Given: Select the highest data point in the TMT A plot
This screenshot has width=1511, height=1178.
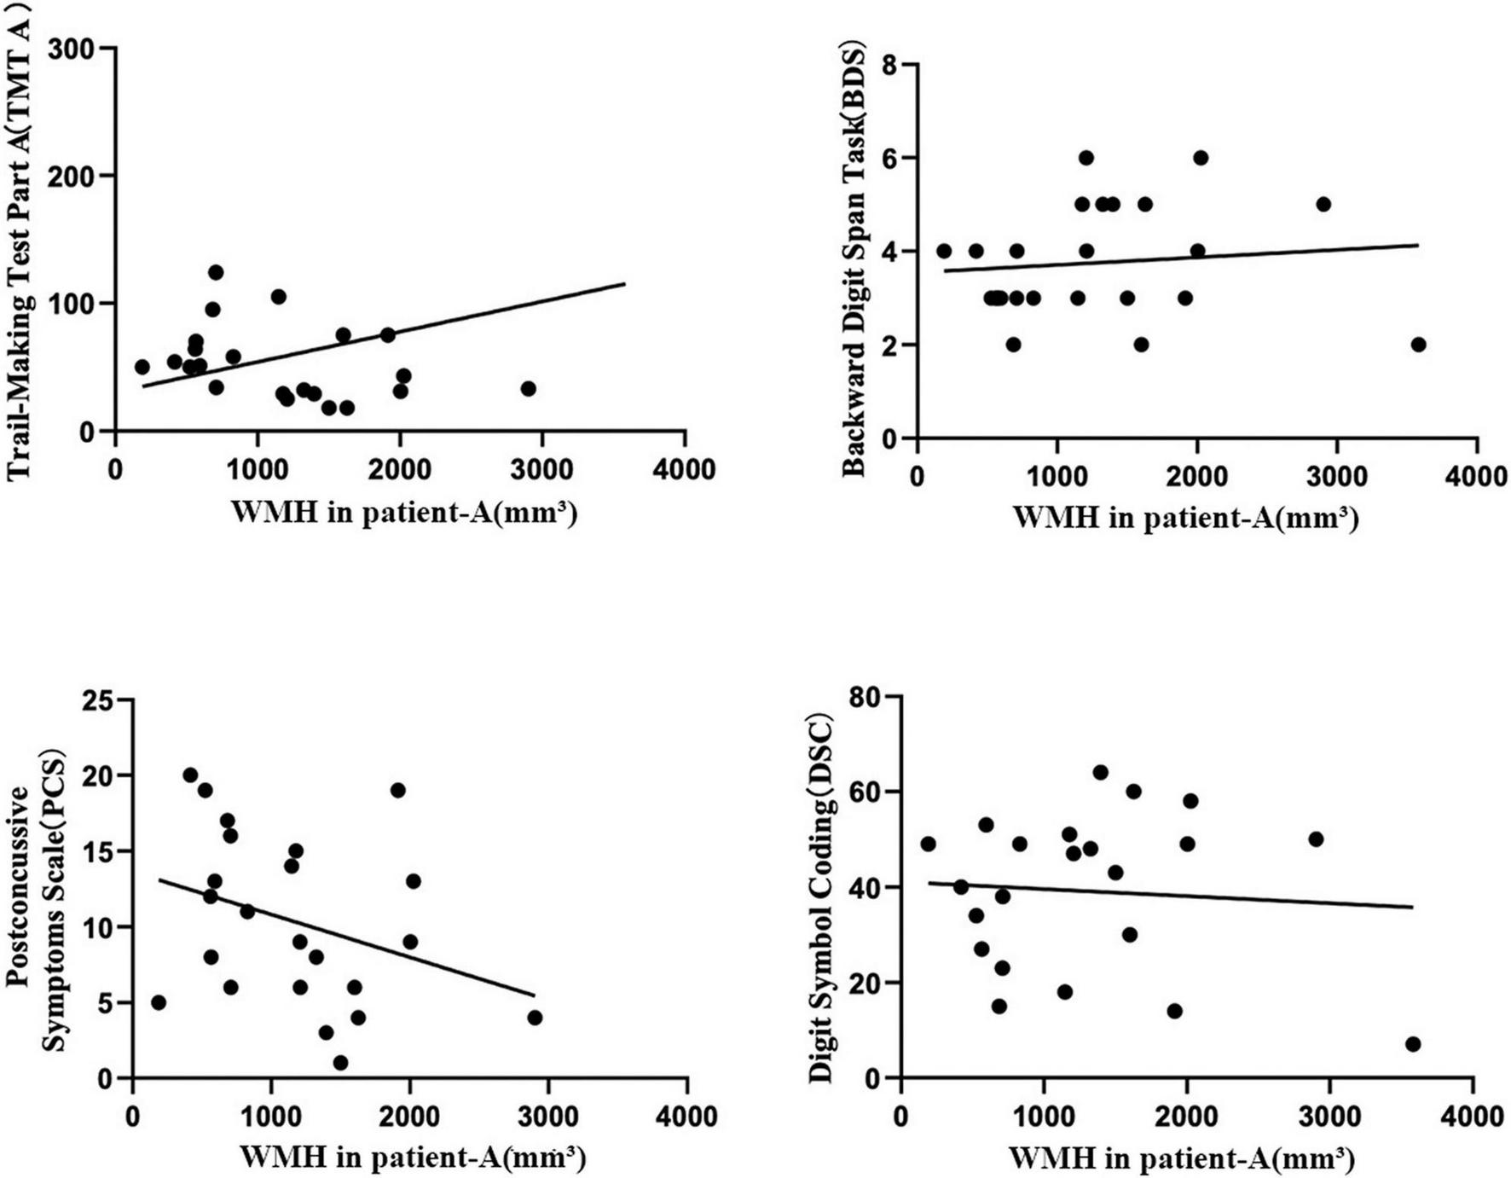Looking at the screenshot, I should [216, 272].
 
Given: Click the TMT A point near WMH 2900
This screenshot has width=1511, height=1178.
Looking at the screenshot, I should [528, 388].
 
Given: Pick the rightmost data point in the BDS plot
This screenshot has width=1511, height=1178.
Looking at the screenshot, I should [1418, 345].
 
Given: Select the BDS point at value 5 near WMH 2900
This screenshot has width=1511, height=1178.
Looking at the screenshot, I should [1323, 205].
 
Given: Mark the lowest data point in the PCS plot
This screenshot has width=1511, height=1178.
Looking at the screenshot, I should [340, 1063].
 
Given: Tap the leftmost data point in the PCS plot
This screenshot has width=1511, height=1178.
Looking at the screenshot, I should [158, 1002].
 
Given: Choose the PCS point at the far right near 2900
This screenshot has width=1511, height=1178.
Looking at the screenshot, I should [535, 1018].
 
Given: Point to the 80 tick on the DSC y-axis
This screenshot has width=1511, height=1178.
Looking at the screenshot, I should [869, 697].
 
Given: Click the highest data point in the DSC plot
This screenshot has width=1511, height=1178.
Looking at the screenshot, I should [1100, 772].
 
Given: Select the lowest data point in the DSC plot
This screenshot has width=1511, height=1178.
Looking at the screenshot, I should [1412, 1044].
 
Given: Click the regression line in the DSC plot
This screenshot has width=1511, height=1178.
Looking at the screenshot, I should [1194, 895].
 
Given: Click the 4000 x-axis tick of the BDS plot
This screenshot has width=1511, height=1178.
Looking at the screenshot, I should [1475, 476].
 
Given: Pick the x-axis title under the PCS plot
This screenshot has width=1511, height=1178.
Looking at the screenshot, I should [413, 1158].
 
